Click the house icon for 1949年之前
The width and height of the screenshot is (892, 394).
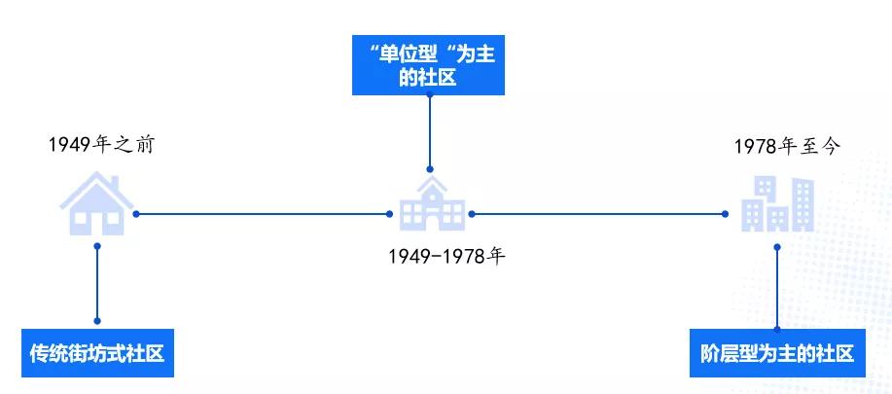97,203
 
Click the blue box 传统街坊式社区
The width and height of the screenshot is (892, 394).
97,354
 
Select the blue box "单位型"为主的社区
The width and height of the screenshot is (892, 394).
429,67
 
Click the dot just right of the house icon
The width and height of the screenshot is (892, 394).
137,214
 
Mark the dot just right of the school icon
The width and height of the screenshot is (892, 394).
472,214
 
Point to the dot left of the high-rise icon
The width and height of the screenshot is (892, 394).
726,214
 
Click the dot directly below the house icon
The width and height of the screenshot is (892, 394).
97,246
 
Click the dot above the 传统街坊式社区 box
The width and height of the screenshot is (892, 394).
97,320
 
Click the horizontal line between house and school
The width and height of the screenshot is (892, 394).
263,214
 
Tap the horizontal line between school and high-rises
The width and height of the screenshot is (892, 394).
598,214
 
